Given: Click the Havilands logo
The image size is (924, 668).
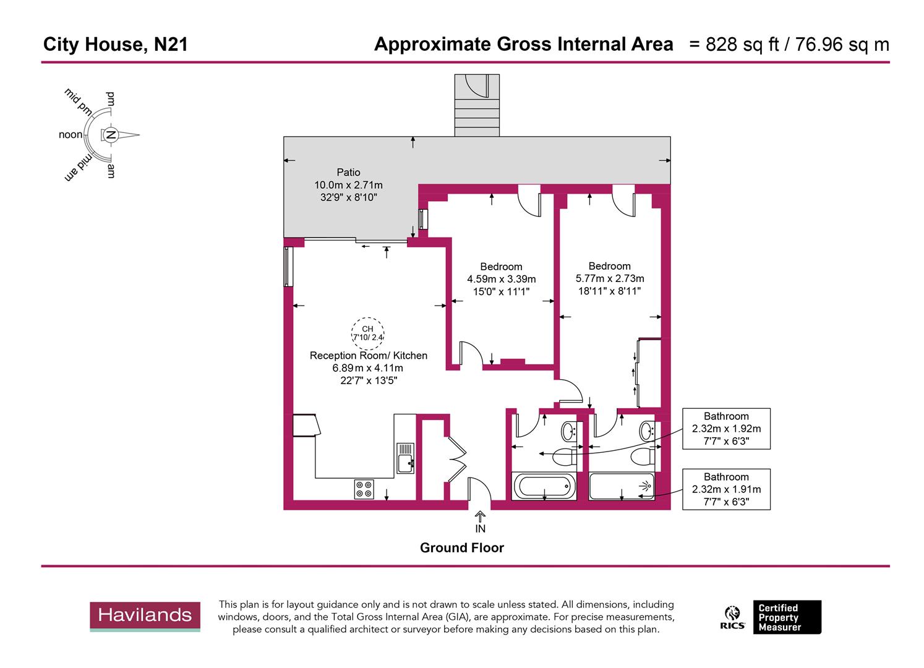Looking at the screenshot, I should click(x=145, y=616).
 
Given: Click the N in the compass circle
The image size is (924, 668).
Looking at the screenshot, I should click(x=111, y=135).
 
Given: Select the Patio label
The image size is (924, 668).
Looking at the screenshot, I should click(x=348, y=173).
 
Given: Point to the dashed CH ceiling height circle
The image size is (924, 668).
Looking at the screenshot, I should click(x=368, y=333).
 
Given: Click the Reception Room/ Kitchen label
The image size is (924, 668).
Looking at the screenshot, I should click(x=368, y=356).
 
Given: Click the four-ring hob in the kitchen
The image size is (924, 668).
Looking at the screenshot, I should click(x=363, y=489).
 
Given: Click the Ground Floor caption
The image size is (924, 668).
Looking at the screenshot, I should click(x=461, y=547).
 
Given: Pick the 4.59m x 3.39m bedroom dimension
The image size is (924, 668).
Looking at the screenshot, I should click(x=501, y=279).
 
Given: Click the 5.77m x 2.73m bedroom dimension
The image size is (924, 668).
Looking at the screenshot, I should click(x=609, y=278).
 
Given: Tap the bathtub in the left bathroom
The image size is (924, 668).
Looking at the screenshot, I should click(x=544, y=486).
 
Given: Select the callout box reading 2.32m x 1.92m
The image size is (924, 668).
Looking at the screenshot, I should click(x=726, y=428).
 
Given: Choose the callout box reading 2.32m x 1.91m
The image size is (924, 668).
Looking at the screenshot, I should click(x=726, y=489).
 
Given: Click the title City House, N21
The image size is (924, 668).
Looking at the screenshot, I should click(x=115, y=45).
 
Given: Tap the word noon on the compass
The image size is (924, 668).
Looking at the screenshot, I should click(x=71, y=135).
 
